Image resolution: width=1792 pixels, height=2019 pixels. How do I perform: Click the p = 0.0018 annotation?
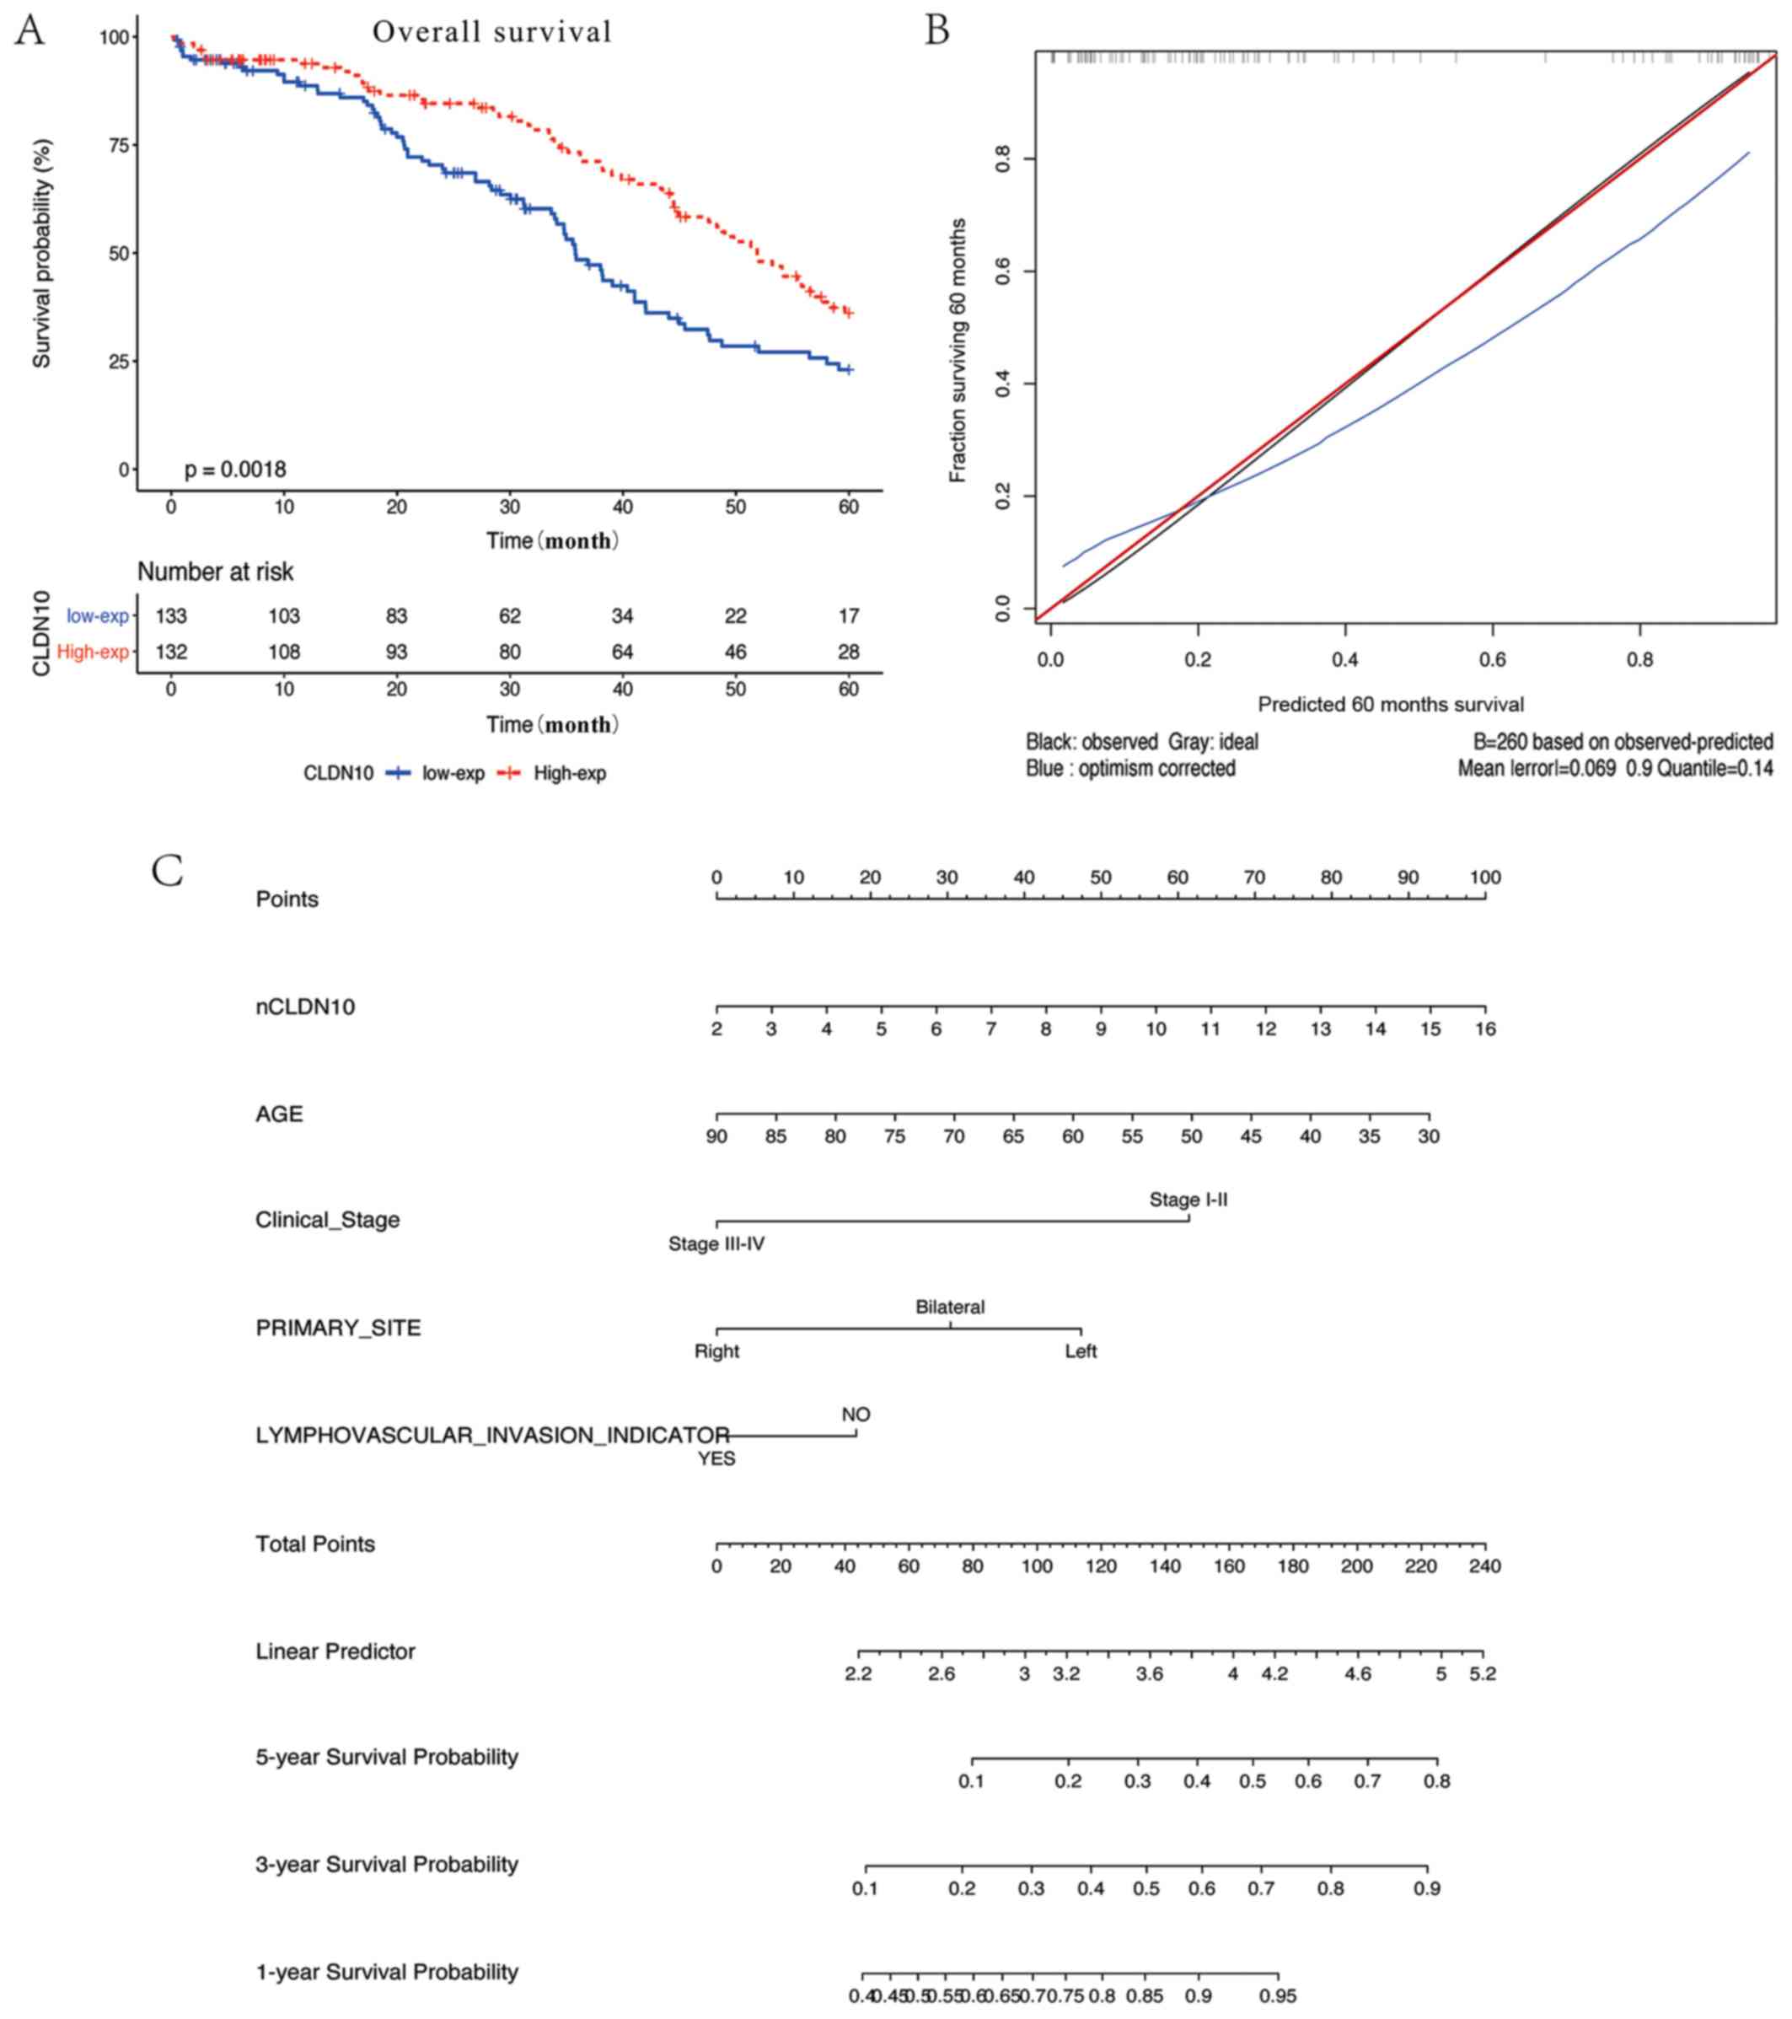tap(235, 470)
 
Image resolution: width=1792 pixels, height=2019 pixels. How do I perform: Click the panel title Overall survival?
tap(492, 33)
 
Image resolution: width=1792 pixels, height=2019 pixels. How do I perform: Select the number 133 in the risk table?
tap(171, 616)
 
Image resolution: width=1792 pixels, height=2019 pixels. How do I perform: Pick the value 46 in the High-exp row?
tap(735, 652)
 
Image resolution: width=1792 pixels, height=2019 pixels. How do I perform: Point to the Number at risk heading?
tap(215, 572)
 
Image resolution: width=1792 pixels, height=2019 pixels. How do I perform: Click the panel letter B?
tap(936, 30)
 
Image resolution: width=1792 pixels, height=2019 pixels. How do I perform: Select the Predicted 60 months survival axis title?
tap(1390, 704)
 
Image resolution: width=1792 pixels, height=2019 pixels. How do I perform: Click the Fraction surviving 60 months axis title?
tap(958, 351)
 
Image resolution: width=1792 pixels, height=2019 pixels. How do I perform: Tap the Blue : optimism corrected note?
tap(1130, 769)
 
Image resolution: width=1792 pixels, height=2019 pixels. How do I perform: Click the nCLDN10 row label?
tap(305, 1007)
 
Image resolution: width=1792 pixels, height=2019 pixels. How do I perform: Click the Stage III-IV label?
tap(716, 1243)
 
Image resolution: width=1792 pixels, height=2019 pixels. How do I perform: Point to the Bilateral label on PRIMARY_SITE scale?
tap(949, 1307)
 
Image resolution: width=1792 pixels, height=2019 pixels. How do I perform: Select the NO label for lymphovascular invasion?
tap(856, 1415)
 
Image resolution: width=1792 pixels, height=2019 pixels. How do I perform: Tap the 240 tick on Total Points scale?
tap(1485, 1565)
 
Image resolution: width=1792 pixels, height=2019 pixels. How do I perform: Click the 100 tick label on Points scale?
tap(1485, 877)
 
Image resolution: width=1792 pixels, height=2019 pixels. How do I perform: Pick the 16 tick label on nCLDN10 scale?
tap(1485, 1029)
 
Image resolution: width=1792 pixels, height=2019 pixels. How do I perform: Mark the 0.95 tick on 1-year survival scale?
tap(1277, 1996)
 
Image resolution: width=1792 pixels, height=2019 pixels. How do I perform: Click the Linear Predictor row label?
tap(335, 1651)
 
